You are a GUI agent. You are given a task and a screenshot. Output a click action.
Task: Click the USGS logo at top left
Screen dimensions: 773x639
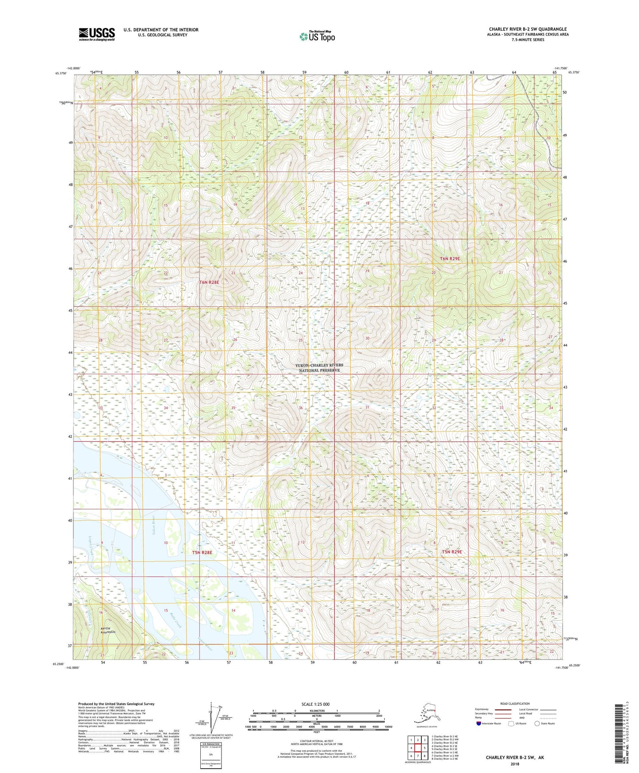tap(96, 34)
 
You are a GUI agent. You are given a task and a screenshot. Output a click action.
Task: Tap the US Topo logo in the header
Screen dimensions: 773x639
tap(317, 36)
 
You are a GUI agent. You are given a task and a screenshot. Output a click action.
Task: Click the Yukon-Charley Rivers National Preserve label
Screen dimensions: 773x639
tap(319, 367)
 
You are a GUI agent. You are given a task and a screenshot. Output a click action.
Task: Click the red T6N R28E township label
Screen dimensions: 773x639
tap(209, 282)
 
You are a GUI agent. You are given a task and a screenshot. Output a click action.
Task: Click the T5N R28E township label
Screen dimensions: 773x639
tap(202, 553)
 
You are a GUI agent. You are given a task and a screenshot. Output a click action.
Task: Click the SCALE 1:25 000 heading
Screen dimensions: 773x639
tap(316, 704)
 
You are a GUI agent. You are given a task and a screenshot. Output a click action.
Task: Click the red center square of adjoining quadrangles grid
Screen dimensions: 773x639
tap(417, 748)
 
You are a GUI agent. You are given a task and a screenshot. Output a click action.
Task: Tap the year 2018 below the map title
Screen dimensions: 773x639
tap(515, 764)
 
